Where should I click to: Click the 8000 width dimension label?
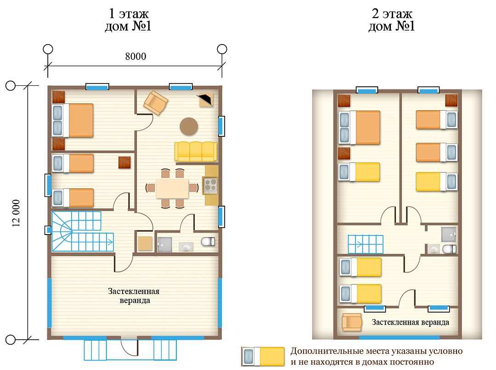[135, 56]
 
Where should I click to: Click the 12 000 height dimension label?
[16, 213]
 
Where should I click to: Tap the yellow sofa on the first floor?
[196, 151]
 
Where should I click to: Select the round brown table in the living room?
[189, 127]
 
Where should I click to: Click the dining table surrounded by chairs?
[172, 188]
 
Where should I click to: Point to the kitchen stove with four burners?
[210, 185]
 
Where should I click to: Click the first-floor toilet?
[208, 242]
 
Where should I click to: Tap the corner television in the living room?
[205, 99]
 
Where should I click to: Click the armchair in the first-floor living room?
[156, 102]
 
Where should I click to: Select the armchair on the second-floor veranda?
[352, 322]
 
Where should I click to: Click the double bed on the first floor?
[73, 120]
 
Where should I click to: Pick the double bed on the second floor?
[359, 128]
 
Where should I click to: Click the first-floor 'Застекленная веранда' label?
[134, 296]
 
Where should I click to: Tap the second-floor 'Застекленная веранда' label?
[410, 322]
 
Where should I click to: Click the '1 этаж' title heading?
[129, 14]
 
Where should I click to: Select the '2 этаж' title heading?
[392, 14]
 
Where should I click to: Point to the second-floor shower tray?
[449, 234]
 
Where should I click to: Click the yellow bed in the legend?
[263, 356]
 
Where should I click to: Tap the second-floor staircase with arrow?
[366, 245]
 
